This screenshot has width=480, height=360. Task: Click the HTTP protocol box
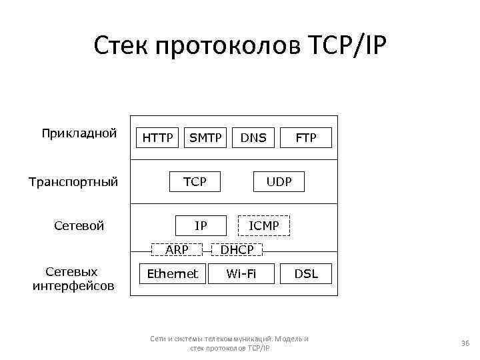(158, 138)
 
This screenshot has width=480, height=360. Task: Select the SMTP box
(206, 138)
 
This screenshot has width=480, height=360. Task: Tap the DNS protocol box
(253, 138)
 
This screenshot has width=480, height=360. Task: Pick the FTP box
(306, 138)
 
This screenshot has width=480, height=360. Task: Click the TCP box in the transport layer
(195, 181)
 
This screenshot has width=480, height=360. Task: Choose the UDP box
(279, 181)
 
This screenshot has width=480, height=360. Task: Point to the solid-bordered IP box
(200, 226)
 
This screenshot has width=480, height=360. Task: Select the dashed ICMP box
(264, 226)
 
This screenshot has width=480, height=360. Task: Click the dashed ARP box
(177, 250)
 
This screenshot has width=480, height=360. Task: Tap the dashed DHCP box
(237, 250)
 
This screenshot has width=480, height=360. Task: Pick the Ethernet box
(172, 273)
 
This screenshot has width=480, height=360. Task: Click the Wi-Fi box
(241, 273)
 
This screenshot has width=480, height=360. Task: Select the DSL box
(306, 273)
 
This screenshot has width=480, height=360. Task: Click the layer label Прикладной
(79, 133)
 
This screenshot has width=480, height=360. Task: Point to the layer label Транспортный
(73, 181)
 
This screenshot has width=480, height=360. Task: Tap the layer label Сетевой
(79, 226)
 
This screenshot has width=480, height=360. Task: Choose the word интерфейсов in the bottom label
(73, 286)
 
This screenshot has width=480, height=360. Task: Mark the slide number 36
(465, 343)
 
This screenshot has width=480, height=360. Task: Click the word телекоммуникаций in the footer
(234, 339)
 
